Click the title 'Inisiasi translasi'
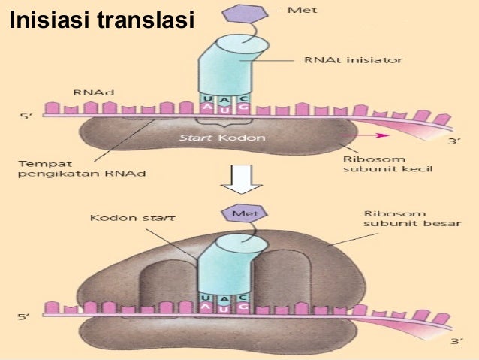pyautogui.click(x=98, y=22)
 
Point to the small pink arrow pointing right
pyautogui.click(x=383, y=135)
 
